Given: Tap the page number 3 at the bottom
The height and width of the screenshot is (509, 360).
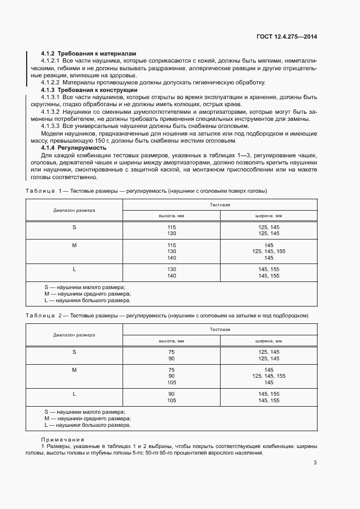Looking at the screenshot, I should (315, 463).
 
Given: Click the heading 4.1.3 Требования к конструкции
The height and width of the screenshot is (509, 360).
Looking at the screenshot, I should (82, 89).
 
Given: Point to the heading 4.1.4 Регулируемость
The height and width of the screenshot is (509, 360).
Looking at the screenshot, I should (74, 148).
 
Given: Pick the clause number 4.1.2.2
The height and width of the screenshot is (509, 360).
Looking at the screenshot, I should (52, 82).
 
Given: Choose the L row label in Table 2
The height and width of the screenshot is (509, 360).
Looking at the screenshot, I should (74, 394).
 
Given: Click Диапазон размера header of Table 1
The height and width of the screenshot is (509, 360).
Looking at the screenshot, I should (74, 210).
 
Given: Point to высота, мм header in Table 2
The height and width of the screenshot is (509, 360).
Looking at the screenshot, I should (171, 340).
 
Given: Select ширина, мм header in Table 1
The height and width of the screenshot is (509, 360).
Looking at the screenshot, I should (269, 216).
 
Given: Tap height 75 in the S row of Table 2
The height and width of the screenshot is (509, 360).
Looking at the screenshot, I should (172, 352).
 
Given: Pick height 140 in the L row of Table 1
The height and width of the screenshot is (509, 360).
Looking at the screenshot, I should (172, 276).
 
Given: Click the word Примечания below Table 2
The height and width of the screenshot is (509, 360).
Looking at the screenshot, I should (63, 439).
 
